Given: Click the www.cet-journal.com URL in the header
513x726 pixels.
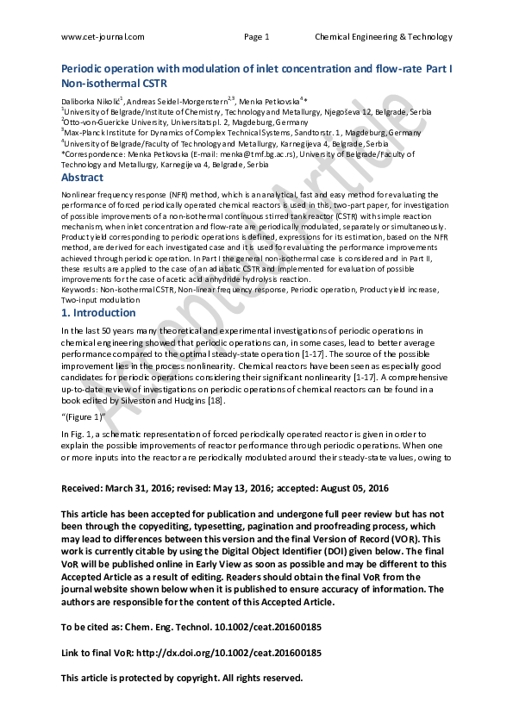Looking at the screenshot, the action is [x=103, y=36].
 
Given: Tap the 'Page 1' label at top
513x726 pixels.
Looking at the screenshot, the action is [x=257, y=36].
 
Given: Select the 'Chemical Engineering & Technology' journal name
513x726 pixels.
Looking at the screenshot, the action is [x=383, y=36].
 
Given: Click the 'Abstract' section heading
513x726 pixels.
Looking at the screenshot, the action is [x=82, y=178].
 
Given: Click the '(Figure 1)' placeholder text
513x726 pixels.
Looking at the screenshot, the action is [x=84, y=416].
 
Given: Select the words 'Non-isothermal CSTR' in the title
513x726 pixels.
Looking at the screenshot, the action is [x=114, y=84].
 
